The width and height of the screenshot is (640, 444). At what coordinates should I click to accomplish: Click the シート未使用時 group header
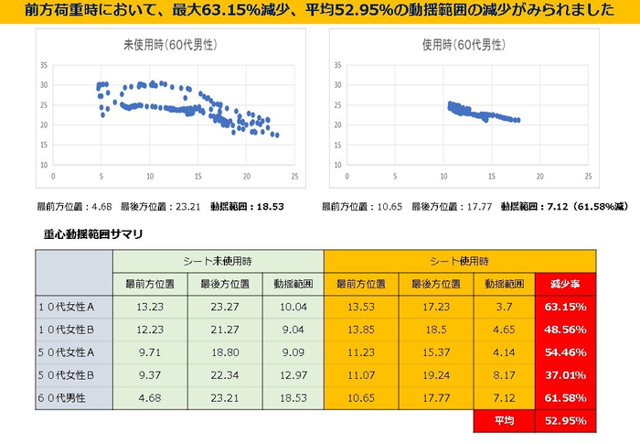click(217, 260)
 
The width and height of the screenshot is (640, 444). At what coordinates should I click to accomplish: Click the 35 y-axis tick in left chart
click(43, 65)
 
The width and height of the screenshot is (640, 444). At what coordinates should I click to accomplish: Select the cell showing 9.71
click(149, 351)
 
